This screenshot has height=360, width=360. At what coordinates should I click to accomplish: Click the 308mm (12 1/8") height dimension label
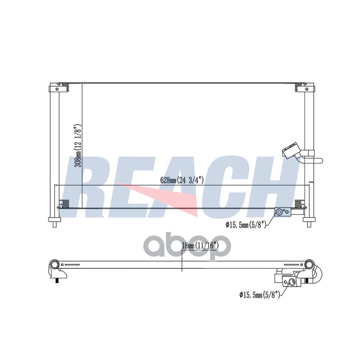pyautogui.click(x=78, y=146)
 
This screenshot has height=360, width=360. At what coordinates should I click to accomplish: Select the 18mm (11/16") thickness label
pyautogui.click(x=200, y=246)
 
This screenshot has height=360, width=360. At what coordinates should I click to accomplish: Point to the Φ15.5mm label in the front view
pyautogui.click(x=246, y=225)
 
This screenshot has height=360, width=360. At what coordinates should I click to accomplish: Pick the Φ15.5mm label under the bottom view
pyautogui.click(x=260, y=294)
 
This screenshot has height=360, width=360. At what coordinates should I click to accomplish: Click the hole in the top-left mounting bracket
pyautogui.click(x=57, y=89)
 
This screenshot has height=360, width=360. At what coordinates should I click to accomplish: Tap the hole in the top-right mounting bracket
pyautogui.click(x=307, y=89)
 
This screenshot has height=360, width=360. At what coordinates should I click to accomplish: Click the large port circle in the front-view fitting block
pyautogui.click(x=279, y=211)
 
